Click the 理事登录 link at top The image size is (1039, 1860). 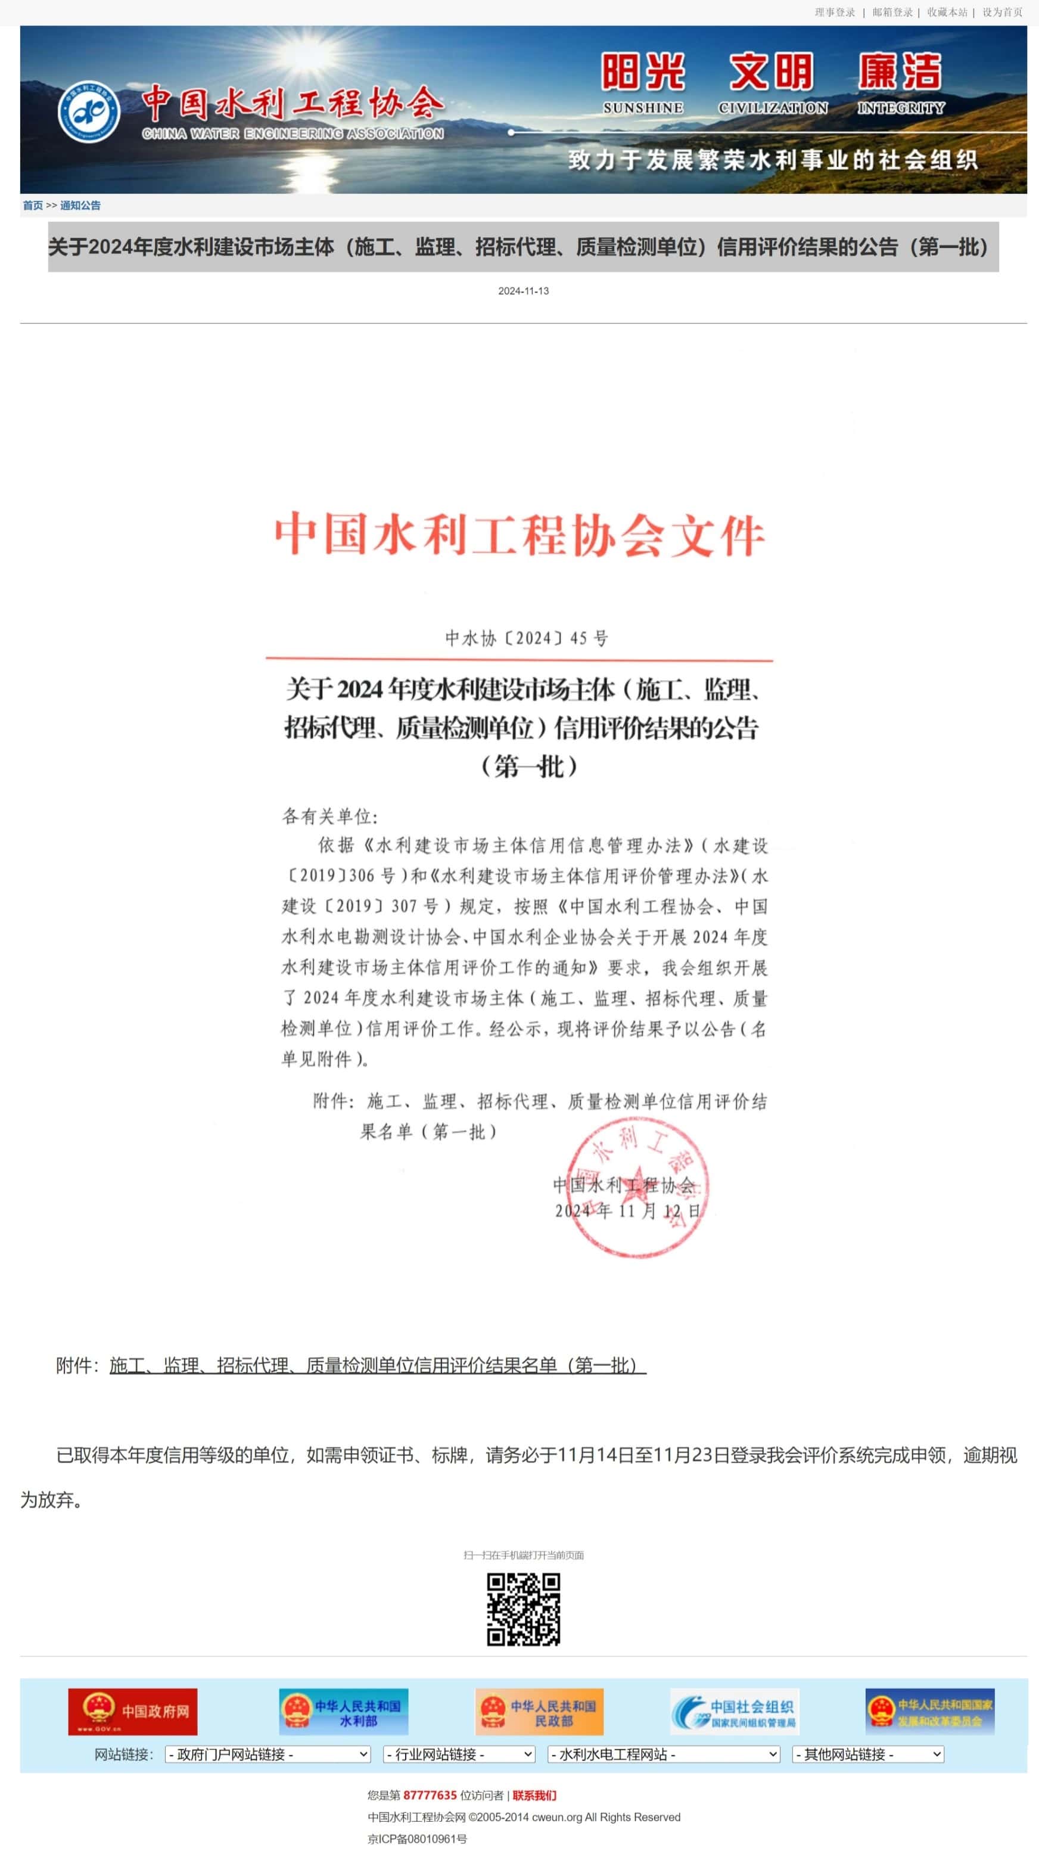[x=835, y=13]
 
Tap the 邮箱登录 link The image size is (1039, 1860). [x=892, y=13]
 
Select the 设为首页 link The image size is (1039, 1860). [x=1002, y=13]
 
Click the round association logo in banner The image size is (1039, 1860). [x=89, y=111]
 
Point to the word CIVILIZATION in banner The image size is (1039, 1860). [x=773, y=108]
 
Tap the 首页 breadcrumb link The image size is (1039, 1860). [x=33, y=205]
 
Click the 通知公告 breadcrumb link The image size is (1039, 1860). [x=80, y=205]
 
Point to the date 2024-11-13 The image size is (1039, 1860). [x=524, y=291]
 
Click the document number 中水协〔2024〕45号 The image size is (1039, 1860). [x=527, y=638]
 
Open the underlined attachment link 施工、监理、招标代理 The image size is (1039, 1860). [x=378, y=1365]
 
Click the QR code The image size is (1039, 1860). [x=524, y=1610]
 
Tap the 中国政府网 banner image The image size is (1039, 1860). [x=133, y=1711]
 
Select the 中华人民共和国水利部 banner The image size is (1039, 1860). [x=344, y=1711]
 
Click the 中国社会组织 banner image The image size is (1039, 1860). [x=735, y=1711]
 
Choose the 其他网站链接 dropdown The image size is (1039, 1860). [x=868, y=1754]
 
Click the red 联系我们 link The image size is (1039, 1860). [x=534, y=1795]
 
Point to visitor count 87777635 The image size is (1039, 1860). [x=430, y=1795]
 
